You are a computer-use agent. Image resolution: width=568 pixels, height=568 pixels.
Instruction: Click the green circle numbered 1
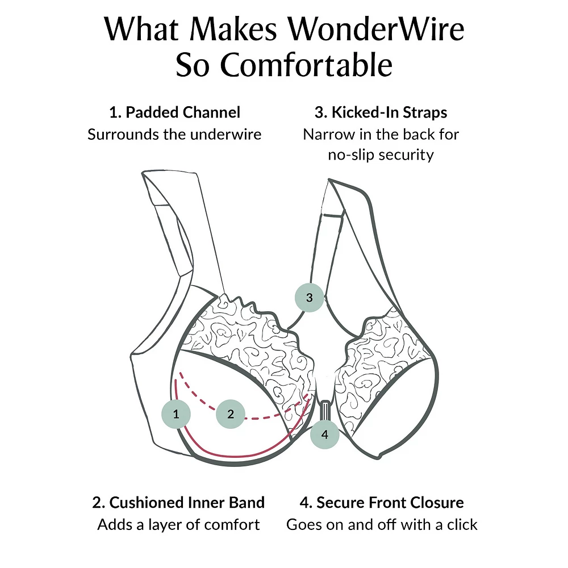176,414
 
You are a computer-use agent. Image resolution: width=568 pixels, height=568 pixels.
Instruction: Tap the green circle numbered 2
230,414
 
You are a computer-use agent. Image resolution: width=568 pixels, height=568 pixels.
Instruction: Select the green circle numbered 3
309,297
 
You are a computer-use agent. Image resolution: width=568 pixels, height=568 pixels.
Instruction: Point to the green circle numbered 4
324,435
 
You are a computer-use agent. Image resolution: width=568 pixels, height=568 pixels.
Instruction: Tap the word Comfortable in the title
306,65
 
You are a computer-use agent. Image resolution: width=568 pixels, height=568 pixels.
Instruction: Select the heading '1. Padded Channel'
174,112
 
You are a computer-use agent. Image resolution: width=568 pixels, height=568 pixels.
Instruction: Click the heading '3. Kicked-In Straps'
381,112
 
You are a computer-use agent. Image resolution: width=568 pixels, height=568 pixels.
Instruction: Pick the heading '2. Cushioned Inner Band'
178,503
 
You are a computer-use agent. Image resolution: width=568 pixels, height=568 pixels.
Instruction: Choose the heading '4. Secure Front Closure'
382,503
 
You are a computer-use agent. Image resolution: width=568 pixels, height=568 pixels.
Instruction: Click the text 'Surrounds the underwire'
174,135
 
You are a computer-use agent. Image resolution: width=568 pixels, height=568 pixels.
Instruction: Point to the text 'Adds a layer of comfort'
178,525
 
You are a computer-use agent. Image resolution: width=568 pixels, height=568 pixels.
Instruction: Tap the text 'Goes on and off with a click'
382,525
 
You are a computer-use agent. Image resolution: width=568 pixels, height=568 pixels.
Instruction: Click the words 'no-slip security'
381,154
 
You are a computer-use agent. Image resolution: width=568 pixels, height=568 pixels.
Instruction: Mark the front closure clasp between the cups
325,411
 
